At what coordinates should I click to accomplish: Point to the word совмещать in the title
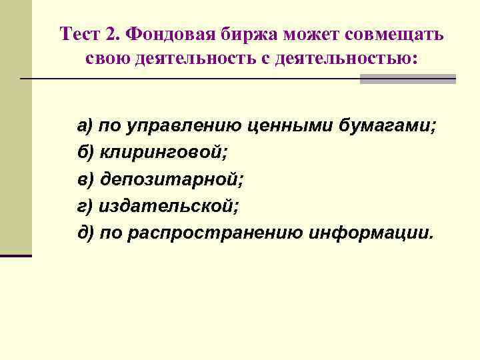[x=399, y=35]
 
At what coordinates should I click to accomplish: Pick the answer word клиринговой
[x=164, y=153]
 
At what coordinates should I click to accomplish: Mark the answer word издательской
[x=167, y=207]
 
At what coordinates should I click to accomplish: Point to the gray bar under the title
[x=407, y=79]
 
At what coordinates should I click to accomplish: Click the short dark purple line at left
[x=16, y=255]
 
